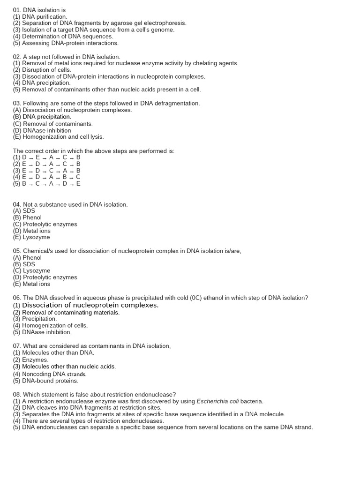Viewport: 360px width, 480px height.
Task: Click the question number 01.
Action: pyautogui.click(x=17, y=10)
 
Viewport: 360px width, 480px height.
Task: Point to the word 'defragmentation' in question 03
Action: pyautogui.click(x=176, y=103)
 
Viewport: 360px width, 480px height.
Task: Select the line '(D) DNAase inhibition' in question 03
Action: pyautogui.click(x=42, y=130)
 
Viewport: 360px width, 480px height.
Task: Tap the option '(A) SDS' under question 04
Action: pyautogui.click(x=24, y=211)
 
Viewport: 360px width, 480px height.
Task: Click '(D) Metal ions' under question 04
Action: pyautogui.click(x=32, y=231)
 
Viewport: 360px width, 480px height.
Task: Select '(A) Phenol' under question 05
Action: pyautogui.click(x=27, y=257)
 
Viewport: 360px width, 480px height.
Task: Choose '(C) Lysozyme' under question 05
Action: pyautogui.click(x=31, y=270)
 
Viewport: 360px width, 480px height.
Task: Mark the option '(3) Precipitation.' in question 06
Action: pyautogui.click(x=35, y=319)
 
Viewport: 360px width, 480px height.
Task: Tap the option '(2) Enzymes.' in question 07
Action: pyautogui.click(x=31, y=360)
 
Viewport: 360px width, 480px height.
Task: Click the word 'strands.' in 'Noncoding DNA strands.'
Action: pyautogui.click(x=77, y=374)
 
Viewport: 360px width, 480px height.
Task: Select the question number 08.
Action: pyautogui.click(x=17, y=395)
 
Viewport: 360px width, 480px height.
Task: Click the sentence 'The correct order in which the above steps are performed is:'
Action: pyautogui.click(x=94, y=151)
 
